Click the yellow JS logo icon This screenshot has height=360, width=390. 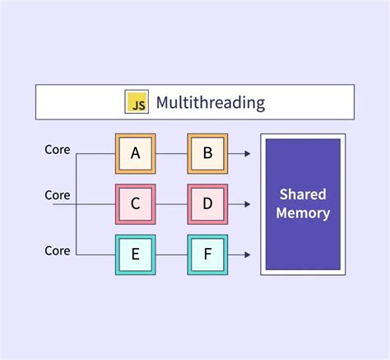point(136,102)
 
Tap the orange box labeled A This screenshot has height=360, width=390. point(134,152)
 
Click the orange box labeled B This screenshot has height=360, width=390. point(207,152)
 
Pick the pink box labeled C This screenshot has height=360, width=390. point(134,203)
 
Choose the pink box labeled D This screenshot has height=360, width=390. point(207,203)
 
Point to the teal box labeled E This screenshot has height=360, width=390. point(134,254)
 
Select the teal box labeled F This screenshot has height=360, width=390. point(207,254)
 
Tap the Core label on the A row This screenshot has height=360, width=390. point(58,150)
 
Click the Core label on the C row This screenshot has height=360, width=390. point(58,195)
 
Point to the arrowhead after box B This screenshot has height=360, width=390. point(247,152)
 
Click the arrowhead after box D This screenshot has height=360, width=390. point(247,203)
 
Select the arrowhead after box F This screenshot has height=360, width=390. point(247,254)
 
